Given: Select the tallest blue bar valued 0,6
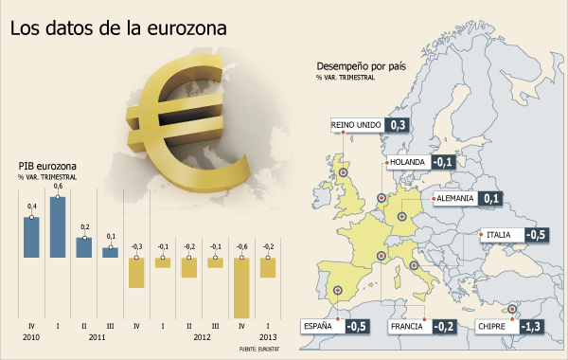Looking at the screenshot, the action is (x=58, y=227).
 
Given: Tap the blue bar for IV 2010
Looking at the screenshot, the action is (x=31, y=238).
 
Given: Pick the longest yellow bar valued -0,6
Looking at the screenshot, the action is (x=241, y=288).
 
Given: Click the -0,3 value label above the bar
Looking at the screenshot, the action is (x=136, y=247).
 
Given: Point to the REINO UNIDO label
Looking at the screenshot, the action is (x=356, y=125).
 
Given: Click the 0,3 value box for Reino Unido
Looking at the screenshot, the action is (x=398, y=125).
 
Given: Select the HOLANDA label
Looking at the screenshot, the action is (x=407, y=162).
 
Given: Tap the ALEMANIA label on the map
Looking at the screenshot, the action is (x=455, y=198).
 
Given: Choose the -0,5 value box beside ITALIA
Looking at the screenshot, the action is (x=536, y=235).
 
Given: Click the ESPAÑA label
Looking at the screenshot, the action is (x=318, y=326).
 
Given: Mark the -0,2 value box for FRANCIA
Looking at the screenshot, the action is (x=444, y=326).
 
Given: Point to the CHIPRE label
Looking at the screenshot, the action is (x=491, y=326).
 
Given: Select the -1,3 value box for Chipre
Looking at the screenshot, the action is (x=532, y=326).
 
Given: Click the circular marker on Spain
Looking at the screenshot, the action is (x=338, y=290).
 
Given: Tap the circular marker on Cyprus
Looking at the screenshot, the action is (x=512, y=309).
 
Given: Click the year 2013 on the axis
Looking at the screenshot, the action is (x=268, y=337).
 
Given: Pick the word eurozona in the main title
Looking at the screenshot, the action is (x=186, y=28).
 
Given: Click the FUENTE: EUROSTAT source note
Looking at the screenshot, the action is (x=259, y=349).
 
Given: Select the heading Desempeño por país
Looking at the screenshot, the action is (x=362, y=66).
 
